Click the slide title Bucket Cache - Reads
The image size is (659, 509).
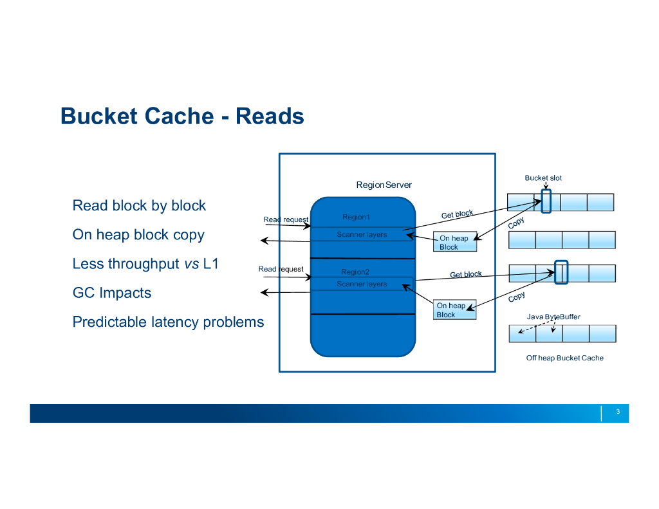[x=182, y=116]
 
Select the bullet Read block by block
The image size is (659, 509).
[x=139, y=206]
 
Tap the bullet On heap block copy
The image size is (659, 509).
[x=138, y=235]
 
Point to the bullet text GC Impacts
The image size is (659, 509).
[x=112, y=293]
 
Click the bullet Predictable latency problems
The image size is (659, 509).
[x=168, y=322]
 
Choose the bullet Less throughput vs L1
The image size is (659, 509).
[x=145, y=264]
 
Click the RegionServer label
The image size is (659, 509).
[x=384, y=185]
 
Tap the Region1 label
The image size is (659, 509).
[x=356, y=217]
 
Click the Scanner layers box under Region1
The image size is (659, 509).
[x=362, y=235]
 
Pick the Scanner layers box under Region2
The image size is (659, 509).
[x=362, y=284]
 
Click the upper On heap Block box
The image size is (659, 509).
[x=455, y=243]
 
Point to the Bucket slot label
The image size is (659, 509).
[x=543, y=178]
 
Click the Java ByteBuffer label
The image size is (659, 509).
[x=553, y=317]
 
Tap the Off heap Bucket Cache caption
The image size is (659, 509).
[x=564, y=358]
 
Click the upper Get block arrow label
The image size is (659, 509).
[x=457, y=214]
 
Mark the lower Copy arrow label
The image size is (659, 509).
[x=517, y=297]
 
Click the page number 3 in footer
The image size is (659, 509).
[x=617, y=412]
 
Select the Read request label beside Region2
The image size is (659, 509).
[x=281, y=269]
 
